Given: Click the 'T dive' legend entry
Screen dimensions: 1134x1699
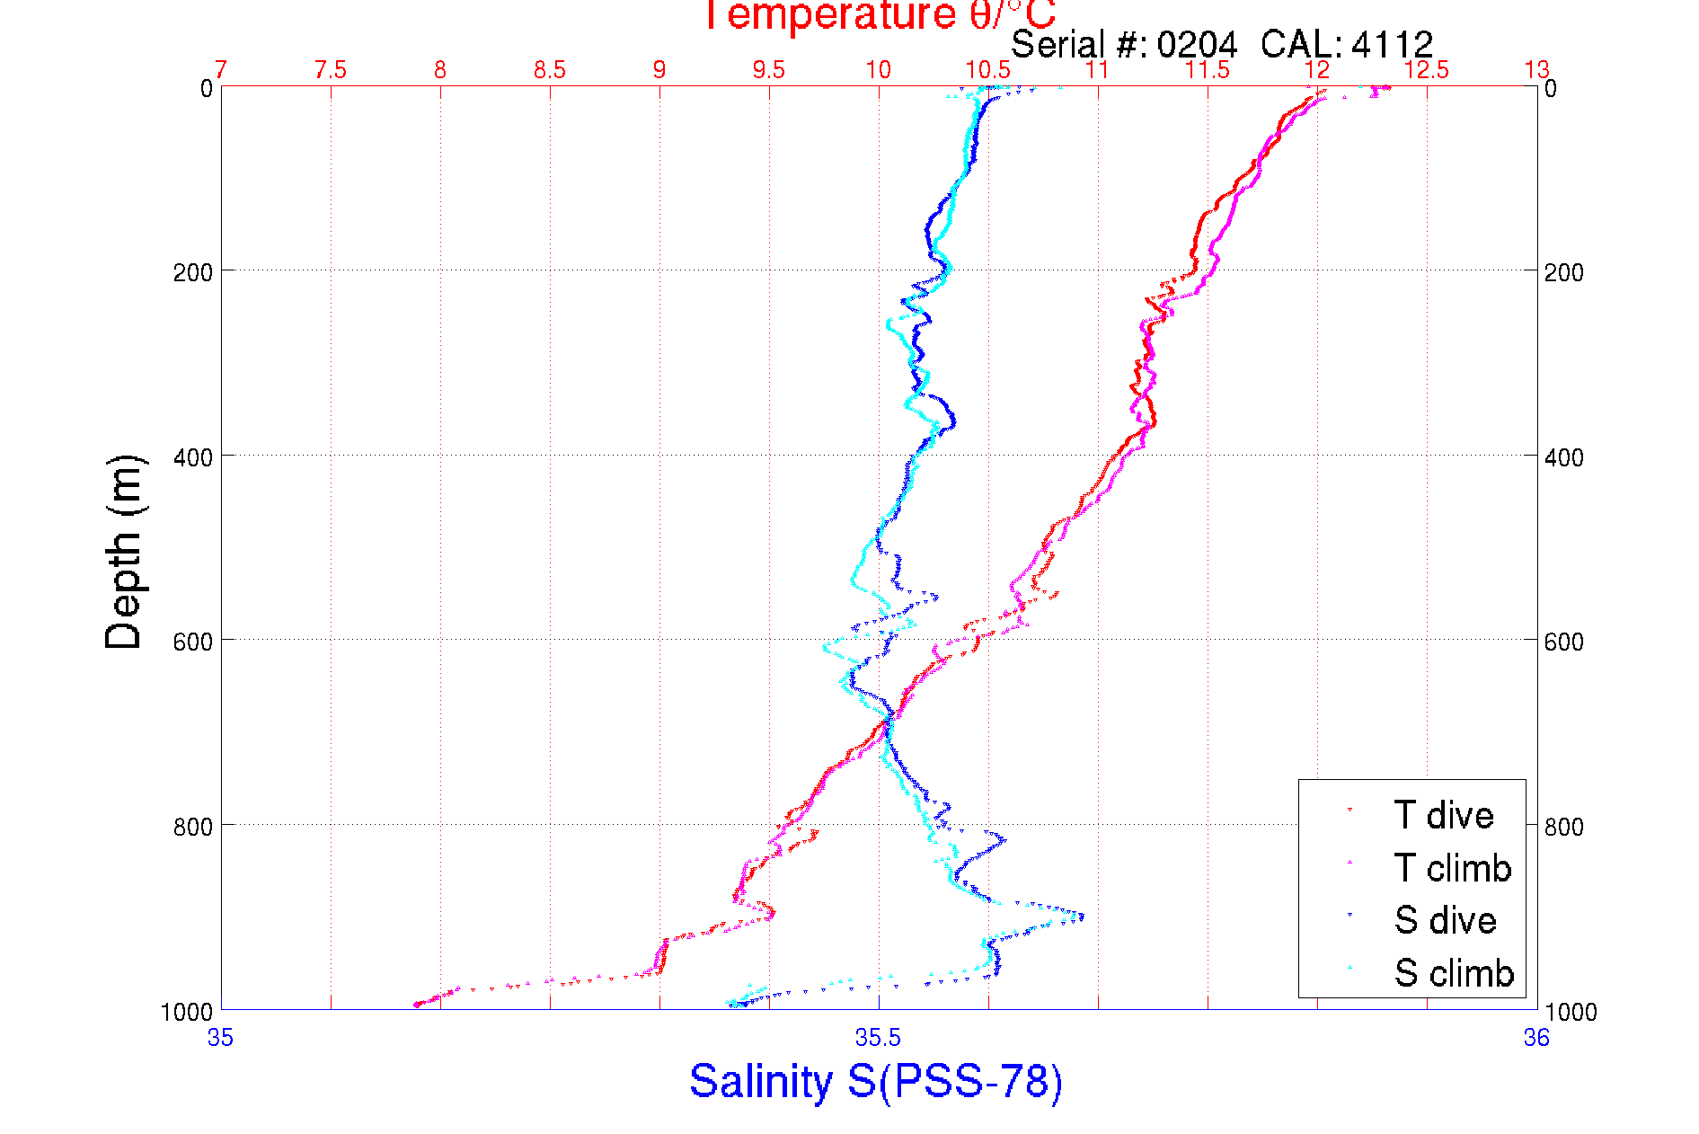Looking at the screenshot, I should [1442, 815].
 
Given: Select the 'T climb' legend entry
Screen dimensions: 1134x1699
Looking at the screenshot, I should [1451, 868].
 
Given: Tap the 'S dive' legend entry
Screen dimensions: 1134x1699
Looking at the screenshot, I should [1444, 920].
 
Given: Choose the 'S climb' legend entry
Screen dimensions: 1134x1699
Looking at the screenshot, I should [1453, 973].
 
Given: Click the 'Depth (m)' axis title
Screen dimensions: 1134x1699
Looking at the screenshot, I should [124, 552].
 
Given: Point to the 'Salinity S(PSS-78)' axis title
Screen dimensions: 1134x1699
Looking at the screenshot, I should [876, 1081].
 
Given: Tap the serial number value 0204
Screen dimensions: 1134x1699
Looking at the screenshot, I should [1197, 44].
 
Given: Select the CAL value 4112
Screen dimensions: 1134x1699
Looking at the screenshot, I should [1392, 44].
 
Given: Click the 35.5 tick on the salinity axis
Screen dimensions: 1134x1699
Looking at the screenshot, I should [878, 1039].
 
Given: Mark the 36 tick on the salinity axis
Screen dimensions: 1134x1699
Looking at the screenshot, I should [1536, 1039].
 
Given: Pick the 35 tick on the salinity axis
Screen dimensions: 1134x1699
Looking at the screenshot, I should [220, 1039].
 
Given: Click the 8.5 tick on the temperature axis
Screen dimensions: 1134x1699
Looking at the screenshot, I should [550, 70].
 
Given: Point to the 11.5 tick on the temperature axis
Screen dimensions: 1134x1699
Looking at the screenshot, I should [1208, 70].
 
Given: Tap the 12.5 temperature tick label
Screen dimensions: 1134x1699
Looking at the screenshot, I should [1427, 70].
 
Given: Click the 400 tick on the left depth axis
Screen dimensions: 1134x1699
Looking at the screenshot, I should [192, 457].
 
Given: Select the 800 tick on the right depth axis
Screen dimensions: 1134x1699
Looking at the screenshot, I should [1564, 827].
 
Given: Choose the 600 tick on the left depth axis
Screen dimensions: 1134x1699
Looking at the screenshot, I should [192, 642].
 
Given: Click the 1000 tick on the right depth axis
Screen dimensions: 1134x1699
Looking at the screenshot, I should [1571, 1012].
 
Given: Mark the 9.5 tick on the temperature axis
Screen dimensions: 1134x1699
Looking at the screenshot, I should [769, 70].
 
